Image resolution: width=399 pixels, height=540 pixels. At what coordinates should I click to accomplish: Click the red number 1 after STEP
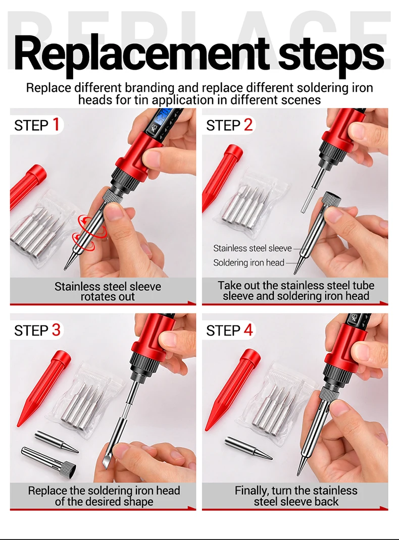click(x=56, y=124)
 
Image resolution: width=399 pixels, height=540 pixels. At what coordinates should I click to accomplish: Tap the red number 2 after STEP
click(x=248, y=124)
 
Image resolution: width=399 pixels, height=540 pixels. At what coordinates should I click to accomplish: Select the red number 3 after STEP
click(x=56, y=330)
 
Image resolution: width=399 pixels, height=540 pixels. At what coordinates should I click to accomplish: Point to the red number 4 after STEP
click(x=248, y=330)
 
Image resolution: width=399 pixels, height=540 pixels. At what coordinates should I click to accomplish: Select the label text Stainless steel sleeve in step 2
click(x=252, y=248)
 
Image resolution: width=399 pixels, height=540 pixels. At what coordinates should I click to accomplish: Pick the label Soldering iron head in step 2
click(x=249, y=263)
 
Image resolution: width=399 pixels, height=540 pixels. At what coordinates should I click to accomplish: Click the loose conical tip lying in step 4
click(x=248, y=448)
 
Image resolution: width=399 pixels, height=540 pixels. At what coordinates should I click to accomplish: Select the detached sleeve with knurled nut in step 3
click(x=48, y=460)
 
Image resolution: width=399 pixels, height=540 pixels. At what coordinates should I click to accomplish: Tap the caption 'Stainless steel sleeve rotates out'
click(x=108, y=291)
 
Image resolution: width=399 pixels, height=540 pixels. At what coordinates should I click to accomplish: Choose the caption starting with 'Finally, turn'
click(x=296, y=496)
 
